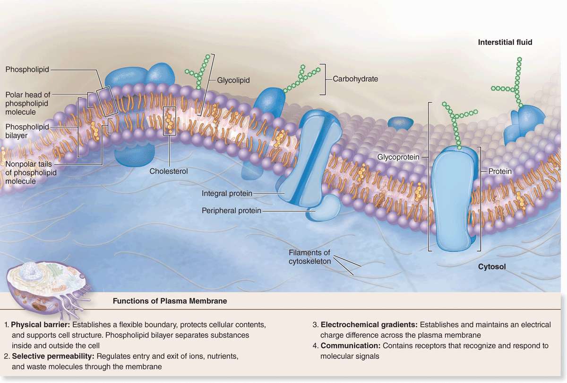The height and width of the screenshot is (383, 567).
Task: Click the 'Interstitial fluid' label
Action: click(x=505, y=42)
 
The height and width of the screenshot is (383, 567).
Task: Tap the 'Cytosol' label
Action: click(x=491, y=267)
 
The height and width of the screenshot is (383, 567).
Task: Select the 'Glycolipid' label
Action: click(x=233, y=80)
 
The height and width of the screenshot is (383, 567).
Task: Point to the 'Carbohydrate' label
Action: click(x=355, y=79)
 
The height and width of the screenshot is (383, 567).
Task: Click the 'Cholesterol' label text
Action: click(x=169, y=171)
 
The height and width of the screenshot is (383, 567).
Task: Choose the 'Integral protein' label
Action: click(x=227, y=193)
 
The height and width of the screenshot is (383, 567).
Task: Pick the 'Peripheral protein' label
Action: click(x=231, y=210)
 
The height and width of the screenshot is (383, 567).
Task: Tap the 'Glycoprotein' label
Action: click(x=399, y=156)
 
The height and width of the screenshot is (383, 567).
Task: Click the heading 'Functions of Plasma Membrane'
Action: click(x=170, y=301)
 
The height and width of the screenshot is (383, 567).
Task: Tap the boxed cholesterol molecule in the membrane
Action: click(x=169, y=121)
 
